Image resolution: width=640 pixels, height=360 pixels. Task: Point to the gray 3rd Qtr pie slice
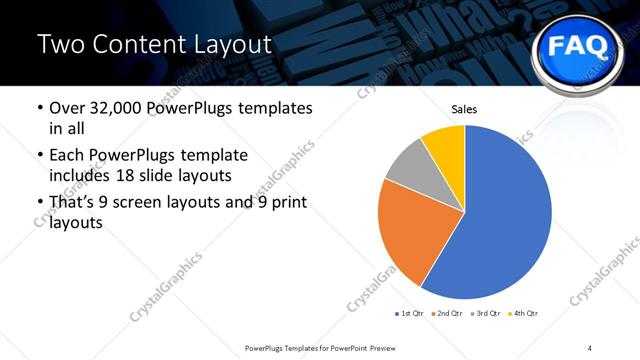point(408,169)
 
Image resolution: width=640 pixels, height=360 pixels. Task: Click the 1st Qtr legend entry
point(411,314)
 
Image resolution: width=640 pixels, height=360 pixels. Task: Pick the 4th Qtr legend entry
point(525,314)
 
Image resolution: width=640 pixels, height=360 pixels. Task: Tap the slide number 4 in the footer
point(590,347)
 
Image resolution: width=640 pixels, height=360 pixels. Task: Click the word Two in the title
point(60,44)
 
